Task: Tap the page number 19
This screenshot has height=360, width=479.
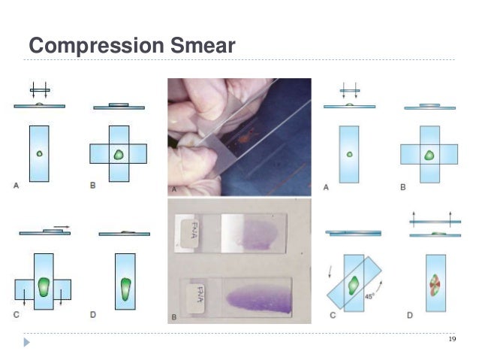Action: [451, 340]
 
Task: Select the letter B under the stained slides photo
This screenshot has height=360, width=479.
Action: [174, 318]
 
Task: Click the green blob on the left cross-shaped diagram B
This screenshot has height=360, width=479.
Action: [118, 154]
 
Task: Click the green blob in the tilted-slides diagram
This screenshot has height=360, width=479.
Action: [354, 285]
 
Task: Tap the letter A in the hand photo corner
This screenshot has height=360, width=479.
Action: [174, 189]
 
